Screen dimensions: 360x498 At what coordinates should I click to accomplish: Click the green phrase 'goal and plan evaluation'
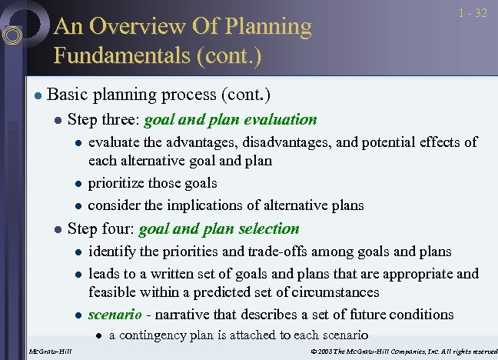[x=231, y=119]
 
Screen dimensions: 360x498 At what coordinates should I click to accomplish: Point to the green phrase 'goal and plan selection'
[x=219, y=228]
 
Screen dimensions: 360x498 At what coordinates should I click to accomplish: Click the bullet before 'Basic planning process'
[x=36, y=95]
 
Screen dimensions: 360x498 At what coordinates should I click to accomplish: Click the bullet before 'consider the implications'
[x=78, y=205]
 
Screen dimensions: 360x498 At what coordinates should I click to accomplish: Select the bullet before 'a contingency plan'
[x=98, y=335]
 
